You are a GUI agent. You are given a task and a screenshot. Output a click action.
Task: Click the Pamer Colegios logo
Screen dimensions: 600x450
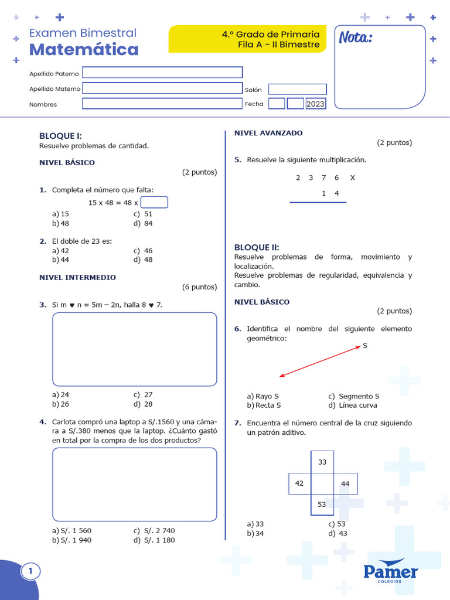391,571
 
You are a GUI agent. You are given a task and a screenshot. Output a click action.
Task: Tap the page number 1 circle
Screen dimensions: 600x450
30,571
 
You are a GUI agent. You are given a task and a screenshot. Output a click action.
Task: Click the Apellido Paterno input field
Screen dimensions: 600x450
162,73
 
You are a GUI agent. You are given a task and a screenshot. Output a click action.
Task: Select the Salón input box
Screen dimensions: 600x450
298,89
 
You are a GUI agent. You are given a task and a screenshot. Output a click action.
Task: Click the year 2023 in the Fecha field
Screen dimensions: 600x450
315,104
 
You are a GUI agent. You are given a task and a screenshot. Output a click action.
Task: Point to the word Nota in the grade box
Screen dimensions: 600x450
355,38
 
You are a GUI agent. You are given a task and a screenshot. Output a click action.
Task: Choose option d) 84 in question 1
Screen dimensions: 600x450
143,223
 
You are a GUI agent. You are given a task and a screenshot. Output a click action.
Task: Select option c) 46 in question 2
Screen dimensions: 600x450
143,251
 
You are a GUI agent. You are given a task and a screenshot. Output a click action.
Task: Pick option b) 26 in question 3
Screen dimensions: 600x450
60,404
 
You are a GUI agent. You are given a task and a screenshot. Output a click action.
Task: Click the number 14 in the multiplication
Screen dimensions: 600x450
330,193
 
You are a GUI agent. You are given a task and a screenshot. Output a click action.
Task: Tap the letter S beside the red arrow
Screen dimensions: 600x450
364,346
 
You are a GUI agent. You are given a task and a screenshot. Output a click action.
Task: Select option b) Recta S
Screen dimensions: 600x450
264,405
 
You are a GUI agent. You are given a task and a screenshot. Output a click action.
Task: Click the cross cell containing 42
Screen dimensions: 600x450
299,483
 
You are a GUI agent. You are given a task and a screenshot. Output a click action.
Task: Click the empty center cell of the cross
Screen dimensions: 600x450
322,483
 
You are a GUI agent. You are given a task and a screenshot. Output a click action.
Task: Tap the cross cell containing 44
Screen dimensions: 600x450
345,483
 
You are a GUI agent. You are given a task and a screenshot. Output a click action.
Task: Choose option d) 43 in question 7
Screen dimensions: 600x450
337,534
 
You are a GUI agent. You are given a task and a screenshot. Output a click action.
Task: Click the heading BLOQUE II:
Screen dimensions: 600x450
257,247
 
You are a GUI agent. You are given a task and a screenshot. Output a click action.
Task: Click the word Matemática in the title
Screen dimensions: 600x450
84,50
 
